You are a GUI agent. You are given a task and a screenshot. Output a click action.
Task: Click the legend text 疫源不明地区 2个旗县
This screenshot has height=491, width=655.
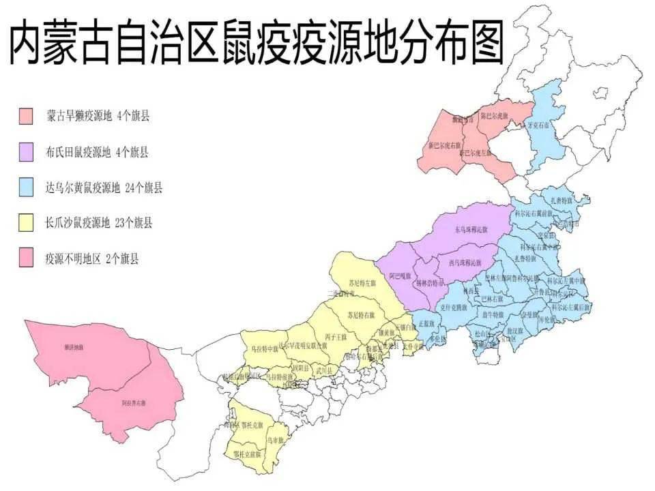(x=91, y=259)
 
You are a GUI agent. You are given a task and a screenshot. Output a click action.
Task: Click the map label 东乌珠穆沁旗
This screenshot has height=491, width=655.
(x=471, y=230)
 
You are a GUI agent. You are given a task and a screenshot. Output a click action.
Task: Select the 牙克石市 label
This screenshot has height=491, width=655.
(x=539, y=125)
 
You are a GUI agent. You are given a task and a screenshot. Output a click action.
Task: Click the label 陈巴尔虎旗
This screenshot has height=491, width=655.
(x=495, y=116)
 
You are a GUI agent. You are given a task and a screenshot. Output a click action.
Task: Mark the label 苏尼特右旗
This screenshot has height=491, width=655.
(x=361, y=315)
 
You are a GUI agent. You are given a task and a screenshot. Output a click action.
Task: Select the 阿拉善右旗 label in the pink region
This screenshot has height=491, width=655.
(x=134, y=403)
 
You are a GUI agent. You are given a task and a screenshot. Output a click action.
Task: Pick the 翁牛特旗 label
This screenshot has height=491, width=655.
(x=492, y=314)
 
